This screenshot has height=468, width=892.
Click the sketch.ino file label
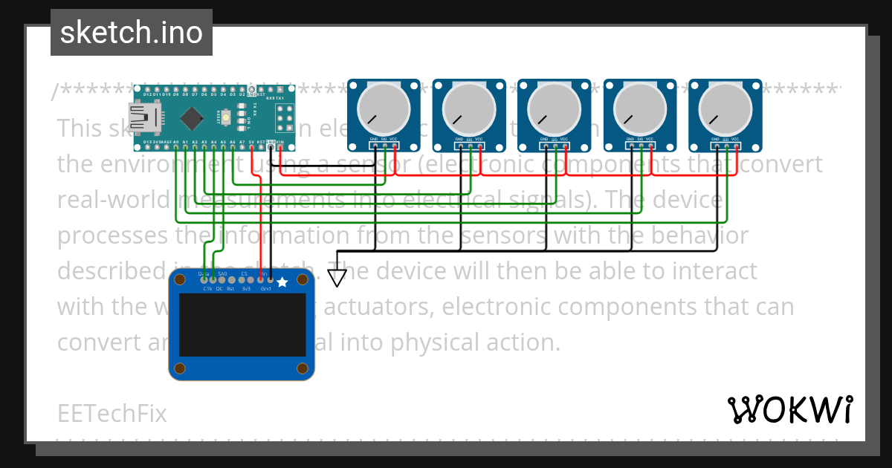pos(131,33)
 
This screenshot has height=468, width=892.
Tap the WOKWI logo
pos(789,409)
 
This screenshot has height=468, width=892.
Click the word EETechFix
pos(111,413)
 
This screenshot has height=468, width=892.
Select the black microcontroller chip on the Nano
pos(193,117)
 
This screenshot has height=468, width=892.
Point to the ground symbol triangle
pos(337,278)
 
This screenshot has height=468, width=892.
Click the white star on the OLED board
pos(282,282)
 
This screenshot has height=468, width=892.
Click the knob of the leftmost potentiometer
pos(384,108)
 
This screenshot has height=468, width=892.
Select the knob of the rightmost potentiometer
pos(725,108)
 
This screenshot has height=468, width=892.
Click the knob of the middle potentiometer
pos(555,108)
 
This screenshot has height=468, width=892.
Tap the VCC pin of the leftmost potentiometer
pos(394,146)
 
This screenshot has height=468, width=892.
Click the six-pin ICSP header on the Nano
pos(283,117)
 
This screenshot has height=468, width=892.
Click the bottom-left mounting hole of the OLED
pos(180,368)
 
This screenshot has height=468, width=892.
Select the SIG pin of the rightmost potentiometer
pos(726,146)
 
